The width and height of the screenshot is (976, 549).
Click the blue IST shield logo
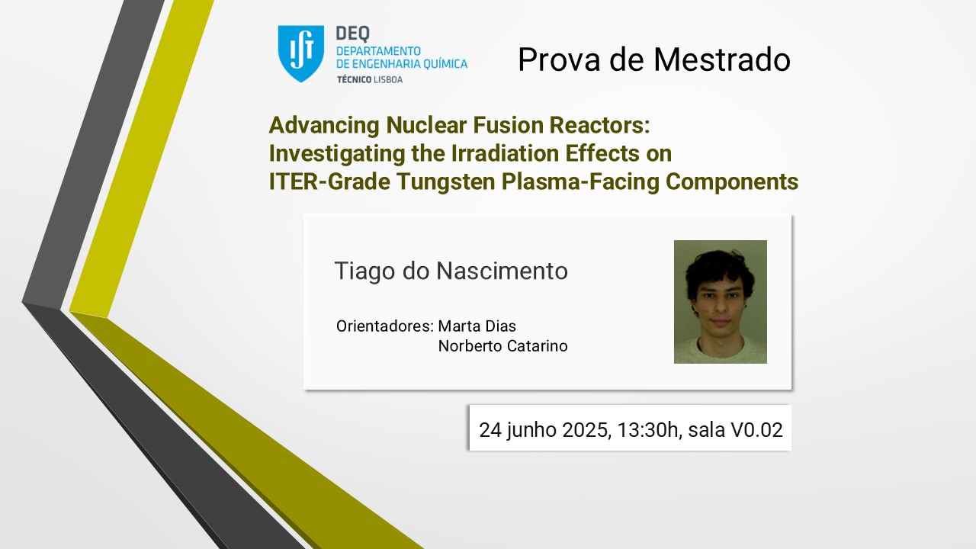point(300,53)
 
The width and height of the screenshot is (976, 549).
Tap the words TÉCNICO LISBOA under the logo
point(370,79)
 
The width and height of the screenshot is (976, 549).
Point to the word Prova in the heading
point(559,59)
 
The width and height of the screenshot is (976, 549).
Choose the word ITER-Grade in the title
point(329,181)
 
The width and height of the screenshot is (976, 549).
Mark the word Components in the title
point(732,182)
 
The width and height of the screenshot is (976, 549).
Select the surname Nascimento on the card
point(502,271)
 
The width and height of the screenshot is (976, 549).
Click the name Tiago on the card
point(364,271)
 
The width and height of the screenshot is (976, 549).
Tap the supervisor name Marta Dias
point(477,326)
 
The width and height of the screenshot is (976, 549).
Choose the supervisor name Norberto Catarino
point(502,346)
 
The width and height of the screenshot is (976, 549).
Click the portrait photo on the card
point(721,301)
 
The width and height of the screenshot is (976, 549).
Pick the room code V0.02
point(756,429)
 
